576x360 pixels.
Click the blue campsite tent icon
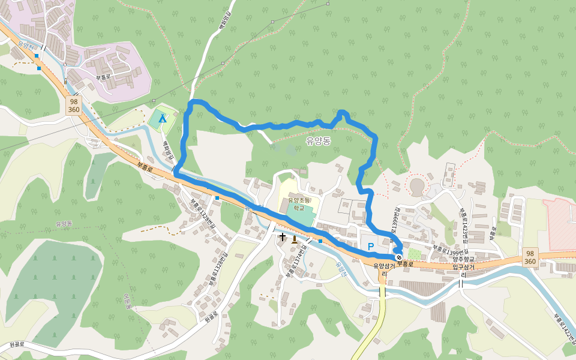162,118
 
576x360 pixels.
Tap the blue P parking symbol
370,247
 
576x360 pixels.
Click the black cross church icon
283,238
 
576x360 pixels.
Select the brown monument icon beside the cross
294,238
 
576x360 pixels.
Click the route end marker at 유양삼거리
399,258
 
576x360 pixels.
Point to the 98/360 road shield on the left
74,105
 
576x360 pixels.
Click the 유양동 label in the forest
318,142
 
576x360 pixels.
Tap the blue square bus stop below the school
320,241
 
